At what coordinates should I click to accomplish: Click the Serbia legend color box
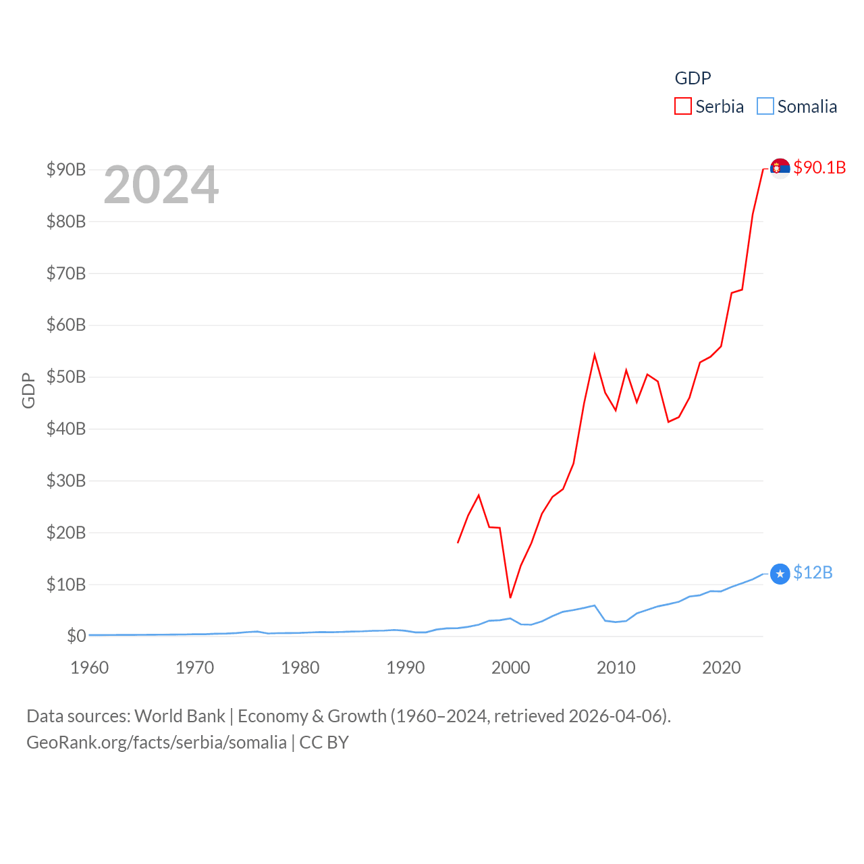pos(683,107)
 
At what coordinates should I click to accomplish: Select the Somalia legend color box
pos(765,107)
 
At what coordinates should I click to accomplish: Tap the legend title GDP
pos(693,78)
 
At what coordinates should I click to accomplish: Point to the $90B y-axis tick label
pos(66,169)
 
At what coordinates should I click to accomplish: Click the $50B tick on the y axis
pos(66,377)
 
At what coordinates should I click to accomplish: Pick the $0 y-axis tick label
pos(76,636)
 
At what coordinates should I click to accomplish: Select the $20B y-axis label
pos(66,533)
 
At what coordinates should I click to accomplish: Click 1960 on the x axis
pos(90,668)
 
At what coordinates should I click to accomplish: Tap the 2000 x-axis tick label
pos(510,668)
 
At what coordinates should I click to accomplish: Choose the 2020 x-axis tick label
pos(721,668)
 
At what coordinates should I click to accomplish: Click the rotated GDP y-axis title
pos(28,390)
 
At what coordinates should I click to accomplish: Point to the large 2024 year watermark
pos(161,185)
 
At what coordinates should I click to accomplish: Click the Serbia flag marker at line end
pos(780,168)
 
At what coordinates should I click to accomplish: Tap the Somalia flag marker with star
pos(780,574)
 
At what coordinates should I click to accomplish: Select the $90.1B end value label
pos(819,167)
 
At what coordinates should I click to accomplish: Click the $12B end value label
pos(813,572)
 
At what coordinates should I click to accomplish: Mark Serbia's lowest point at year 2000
pos(510,597)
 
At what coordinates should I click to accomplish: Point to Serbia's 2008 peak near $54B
pos(595,355)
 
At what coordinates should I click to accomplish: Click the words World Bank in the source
pos(180,716)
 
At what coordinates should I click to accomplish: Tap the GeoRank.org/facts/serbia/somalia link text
pos(157,742)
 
